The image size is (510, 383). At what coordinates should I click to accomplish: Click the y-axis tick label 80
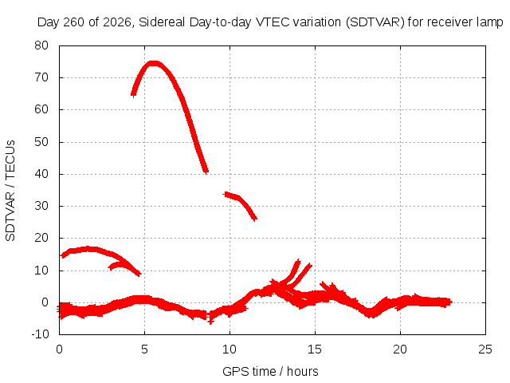pyautogui.click(x=41, y=45)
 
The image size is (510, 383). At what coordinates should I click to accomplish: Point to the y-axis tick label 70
pyautogui.click(x=41, y=77)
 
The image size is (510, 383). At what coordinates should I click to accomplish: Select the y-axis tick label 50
pyautogui.click(x=41, y=142)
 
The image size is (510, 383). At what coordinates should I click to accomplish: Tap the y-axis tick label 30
pyautogui.click(x=41, y=206)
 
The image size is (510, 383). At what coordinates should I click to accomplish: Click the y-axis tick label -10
pyautogui.click(x=40, y=334)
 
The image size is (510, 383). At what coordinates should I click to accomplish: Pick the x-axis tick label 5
pyautogui.click(x=144, y=349)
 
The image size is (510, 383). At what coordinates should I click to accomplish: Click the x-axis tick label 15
pyautogui.click(x=315, y=349)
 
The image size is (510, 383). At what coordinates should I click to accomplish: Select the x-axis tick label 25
pyautogui.click(x=485, y=349)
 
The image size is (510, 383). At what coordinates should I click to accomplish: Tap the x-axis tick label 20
pyautogui.click(x=400, y=349)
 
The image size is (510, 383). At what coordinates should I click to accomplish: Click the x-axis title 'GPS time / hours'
pyautogui.click(x=270, y=371)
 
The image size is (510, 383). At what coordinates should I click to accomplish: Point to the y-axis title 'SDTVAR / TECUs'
pyautogui.click(x=10, y=191)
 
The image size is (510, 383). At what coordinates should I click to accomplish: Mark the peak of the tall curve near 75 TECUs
pyautogui.click(x=153, y=63)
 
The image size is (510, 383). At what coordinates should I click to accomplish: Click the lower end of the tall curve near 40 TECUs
pyautogui.click(x=206, y=171)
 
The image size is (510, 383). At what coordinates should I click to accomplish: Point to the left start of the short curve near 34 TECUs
pyautogui.click(x=226, y=195)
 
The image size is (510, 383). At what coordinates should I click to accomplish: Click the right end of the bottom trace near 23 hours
pyautogui.click(x=449, y=302)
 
